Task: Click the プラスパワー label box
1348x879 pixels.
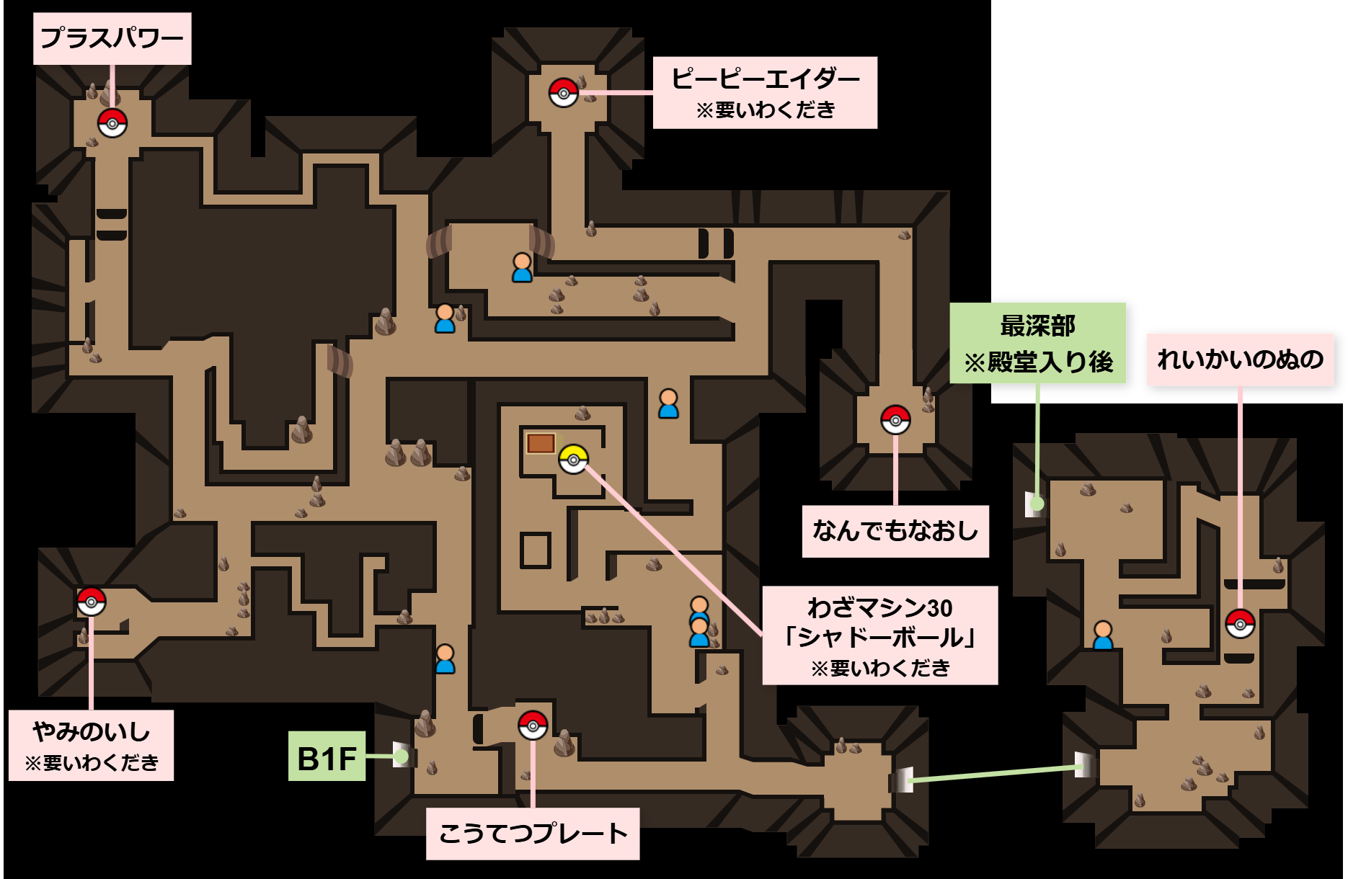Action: [x=112, y=38]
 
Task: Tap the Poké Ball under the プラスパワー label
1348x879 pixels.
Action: [x=112, y=123]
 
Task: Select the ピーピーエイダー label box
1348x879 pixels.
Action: [x=764, y=93]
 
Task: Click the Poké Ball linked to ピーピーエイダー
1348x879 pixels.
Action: [x=563, y=93]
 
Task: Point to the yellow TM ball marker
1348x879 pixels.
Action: [x=573, y=459]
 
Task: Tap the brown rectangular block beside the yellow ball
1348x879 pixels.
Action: [x=541, y=443]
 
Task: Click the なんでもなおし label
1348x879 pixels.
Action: [x=895, y=531]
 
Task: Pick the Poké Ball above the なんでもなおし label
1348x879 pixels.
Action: [x=895, y=419]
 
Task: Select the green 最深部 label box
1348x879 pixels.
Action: [x=1037, y=343]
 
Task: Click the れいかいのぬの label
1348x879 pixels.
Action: [x=1240, y=359]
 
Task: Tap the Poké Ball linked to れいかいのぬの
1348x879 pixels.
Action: [x=1240, y=624]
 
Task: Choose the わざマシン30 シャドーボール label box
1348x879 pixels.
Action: [x=879, y=635]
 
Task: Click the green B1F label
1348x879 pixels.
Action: [x=327, y=757]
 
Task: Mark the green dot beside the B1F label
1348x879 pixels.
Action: [x=401, y=757]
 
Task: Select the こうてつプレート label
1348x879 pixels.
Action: [x=533, y=834]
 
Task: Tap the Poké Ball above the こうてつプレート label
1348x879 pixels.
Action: [x=533, y=726]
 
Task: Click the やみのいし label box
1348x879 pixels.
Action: [x=91, y=745]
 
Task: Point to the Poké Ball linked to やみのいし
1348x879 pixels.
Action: [x=92, y=602]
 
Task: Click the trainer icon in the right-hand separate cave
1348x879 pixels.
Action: [x=1103, y=635]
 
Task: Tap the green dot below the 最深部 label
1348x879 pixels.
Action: [x=1037, y=504]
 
